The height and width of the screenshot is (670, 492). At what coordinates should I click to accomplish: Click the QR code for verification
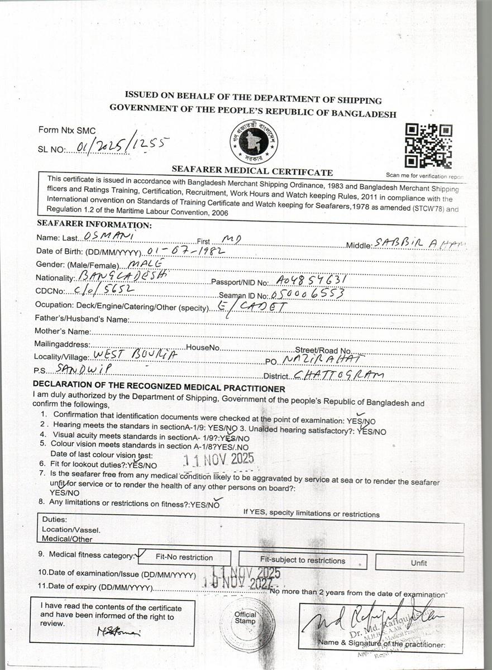pyautogui.click(x=428, y=146)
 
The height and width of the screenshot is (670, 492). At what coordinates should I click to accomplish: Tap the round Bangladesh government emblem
pyautogui.click(x=254, y=142)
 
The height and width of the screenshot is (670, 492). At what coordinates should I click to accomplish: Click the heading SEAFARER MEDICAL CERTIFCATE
pyautogui.click(x=252, y=172)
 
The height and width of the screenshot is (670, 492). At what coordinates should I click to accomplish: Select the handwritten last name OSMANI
pyautogui.click(x=100, y=237)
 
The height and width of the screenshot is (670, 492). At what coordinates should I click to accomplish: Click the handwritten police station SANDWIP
pyautogui.click(x=84, y=369)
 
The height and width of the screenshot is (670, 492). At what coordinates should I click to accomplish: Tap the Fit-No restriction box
pyautogui.click(x=184, y=557)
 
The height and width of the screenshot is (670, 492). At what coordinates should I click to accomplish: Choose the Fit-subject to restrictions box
pyautogui.click(x=303, y=561)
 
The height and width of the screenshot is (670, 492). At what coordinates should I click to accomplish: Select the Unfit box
pyautogui.click(x=419, y=563)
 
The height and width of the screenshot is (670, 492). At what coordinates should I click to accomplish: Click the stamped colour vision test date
pyautogui.click(x=219, y=459)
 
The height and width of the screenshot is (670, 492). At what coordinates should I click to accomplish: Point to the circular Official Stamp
pyautogui.click(x=246, y=624)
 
